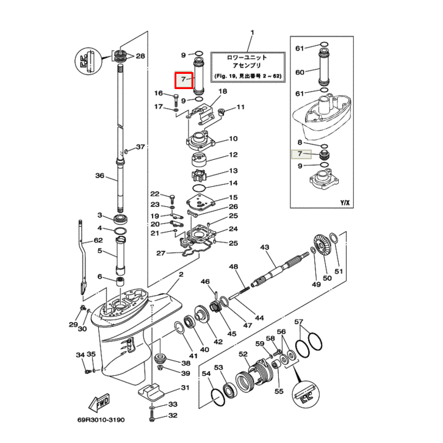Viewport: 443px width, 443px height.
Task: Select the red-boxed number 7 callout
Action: [184, 80]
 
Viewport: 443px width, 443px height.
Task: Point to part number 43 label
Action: [264, 247]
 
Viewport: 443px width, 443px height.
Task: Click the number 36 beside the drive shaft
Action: [100, 176]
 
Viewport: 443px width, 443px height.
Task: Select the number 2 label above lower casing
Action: [181, 275]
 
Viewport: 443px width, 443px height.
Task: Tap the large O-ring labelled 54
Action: [215, 397]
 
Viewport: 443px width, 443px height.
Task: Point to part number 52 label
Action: [243, 354]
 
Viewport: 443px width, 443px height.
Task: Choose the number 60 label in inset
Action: [299, 72]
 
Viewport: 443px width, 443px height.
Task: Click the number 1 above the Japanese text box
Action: [253, 32]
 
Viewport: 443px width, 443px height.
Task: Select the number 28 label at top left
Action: [140, 56]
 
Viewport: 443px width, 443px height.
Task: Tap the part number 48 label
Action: [234, 267]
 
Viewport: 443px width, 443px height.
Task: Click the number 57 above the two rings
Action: [299, 322]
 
